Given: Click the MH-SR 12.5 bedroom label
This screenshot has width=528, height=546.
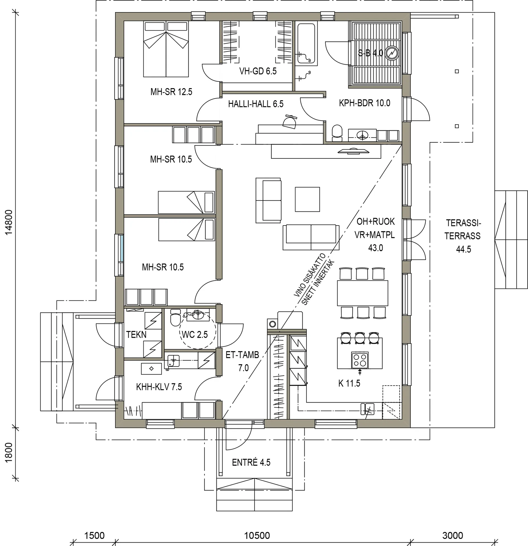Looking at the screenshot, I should (x=171, y=92).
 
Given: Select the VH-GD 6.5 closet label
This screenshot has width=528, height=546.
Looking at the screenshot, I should (x=258, y=71).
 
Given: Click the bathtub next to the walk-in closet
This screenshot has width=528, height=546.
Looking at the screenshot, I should (x=306, y=43).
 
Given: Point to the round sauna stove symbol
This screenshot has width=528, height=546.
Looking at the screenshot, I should (x=392, y=53).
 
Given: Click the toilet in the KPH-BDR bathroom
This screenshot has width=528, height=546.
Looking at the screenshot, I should (x=337, y=133).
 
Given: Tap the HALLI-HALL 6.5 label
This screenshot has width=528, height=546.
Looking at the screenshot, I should (x=255, y=104).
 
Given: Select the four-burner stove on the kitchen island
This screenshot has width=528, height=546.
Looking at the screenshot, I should (x=360, y=360).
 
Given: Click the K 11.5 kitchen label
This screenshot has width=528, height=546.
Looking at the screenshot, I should (x=349, y=383).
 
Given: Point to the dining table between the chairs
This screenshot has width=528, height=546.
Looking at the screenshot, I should (x=362, y=293).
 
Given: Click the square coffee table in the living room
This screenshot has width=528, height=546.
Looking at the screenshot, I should (x=307, y=199).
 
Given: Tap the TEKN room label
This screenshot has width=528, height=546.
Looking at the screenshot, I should (x=136, y=335).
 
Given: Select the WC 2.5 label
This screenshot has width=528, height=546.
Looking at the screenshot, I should (x=195, y=334).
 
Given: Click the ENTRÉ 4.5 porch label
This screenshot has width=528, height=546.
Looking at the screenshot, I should (x=251, y=462).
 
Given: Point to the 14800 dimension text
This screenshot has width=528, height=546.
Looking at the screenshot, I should (x=9, y=222).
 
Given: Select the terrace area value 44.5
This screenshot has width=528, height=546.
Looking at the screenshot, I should (x=463, y=249).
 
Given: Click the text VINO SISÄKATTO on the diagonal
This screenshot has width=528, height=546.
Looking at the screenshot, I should (x=310, y=275).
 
